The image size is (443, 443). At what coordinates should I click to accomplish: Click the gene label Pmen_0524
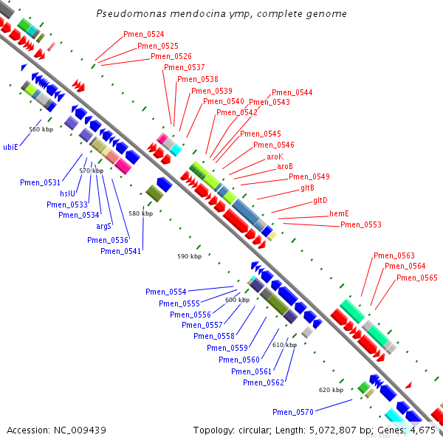pyautogui.click(x=143, y=34)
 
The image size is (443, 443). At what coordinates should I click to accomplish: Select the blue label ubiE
pyautogui.click(x=10, y=147)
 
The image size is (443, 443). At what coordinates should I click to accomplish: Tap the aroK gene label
pyautogui.click(x=275, y=157)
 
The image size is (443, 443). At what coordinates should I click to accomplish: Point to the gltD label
pyautogui.click(x=320, y=200)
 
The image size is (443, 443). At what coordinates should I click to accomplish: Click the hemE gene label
pyautogui.click(x=339, y=213)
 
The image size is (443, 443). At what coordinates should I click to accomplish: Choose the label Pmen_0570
pyautogui.click(x=293, y=412)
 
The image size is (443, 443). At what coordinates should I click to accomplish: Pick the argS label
pyautogui.click(x=103, y=227)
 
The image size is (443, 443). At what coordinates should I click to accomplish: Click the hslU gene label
pyautogui.click(x=67, y=193)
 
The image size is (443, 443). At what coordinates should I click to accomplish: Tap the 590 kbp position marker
pyautogui.click(x=189, y=256)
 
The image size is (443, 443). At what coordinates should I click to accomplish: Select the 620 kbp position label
pyautogui.click(x=331, y=390)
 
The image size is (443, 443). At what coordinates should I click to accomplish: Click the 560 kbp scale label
pyautogui.click(x=41, y=129)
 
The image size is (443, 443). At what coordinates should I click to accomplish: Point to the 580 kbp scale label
pyautogui.click(x=141, y=213)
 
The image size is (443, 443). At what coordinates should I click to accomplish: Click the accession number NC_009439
pyautogui.click(x=80, y=430)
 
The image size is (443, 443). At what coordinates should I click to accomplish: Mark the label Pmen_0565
pyautogui.click(x=417, y=278)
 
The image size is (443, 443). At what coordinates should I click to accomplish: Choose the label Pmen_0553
pyautogui.click(x=361, y=224)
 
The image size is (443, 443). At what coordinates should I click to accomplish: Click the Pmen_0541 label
pyautogui.click(x=120, y=251)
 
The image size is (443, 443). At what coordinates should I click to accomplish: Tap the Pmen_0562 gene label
pyautogui.click(x=264, y=382)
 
